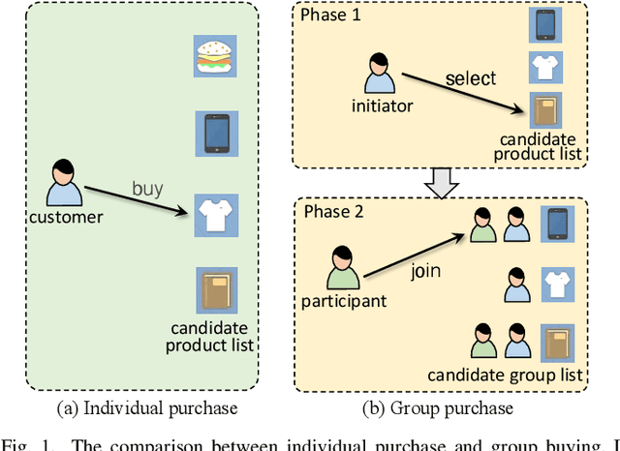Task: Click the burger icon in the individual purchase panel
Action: tap(211, 58)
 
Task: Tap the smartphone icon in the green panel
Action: tap(211, 133)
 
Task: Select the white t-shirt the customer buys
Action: tap(211, 212)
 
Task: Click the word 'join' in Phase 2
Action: tap(425, 271)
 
